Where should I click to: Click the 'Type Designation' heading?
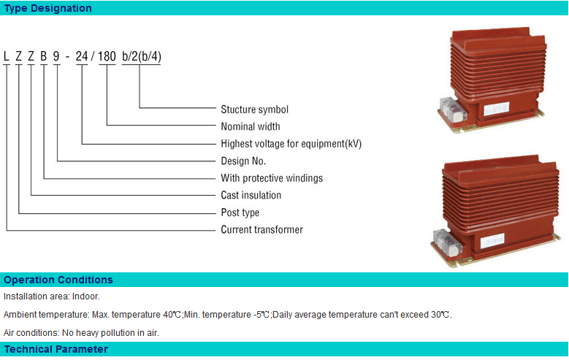48,8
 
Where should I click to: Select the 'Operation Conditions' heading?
58,280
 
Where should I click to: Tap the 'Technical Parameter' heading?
56,349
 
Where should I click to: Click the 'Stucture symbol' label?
255,110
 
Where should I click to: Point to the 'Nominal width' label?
251,126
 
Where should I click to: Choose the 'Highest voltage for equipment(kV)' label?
291,144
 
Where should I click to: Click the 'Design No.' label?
243,161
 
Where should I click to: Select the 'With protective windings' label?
272,178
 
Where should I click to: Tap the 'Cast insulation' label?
251,195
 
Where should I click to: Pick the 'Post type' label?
240,212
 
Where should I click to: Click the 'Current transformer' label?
262,229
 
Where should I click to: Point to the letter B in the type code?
44,56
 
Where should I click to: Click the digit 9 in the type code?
56,56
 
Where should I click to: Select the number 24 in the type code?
82,56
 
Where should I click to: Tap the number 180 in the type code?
107,56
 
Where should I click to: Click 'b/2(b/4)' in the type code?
142,57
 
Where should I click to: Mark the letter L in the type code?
6,56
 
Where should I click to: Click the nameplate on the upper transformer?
497,109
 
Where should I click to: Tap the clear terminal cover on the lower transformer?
448,242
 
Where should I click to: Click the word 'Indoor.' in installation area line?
86,296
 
